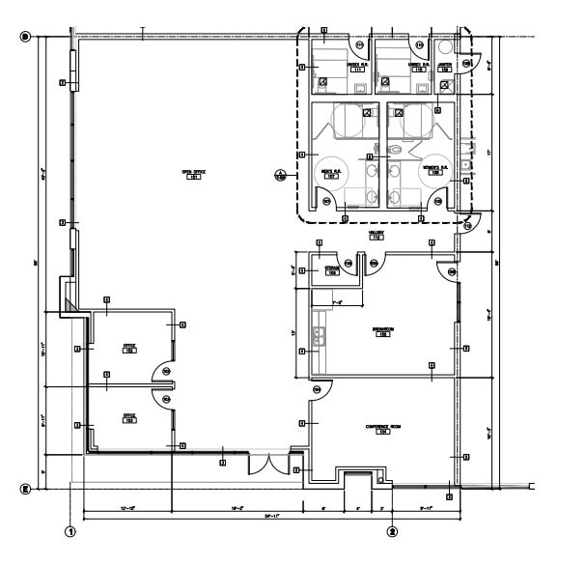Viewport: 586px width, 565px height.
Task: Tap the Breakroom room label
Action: click(x=382, y=331)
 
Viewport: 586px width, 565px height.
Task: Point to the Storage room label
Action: click(x=331, y=271)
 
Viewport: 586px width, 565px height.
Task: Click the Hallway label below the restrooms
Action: click(x=377, y=235)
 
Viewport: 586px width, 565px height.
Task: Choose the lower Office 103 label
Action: click(x=127, y=417)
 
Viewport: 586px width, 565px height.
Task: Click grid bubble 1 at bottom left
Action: click(x=70, y=530)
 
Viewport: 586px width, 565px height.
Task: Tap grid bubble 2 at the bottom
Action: click(x=392, y=530)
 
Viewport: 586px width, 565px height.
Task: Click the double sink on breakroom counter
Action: click(x=318, y=337)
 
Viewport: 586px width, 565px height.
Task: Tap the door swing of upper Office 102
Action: click(x=163, y=372)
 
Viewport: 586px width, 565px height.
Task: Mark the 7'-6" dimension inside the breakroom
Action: click(x=338, y=303)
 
